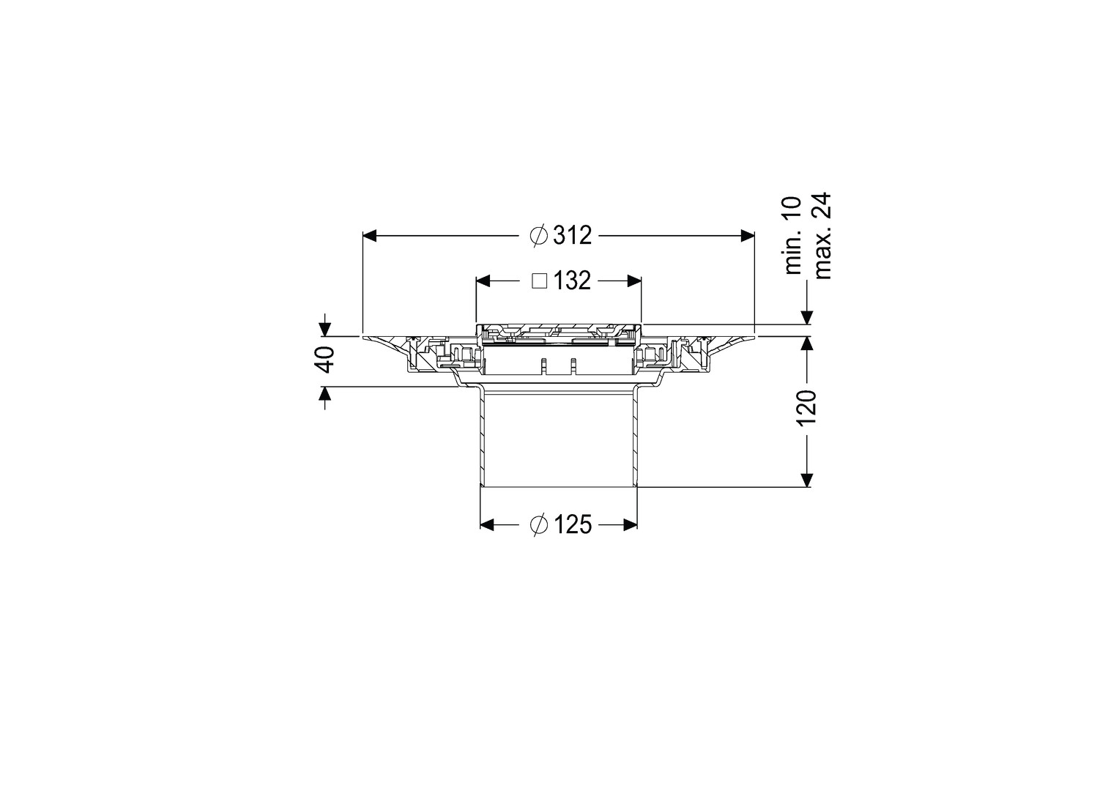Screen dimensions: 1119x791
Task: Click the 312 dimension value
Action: (x=572, y=235)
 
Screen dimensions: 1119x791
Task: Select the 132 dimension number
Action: (x=572, y=281)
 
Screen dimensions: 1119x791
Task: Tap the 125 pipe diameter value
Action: (x=572, y=524)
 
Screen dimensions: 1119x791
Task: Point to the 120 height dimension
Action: (x=808, y=407)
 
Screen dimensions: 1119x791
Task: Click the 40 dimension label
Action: (x=326, y=360)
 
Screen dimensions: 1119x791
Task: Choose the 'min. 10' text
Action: (x=793, y=236)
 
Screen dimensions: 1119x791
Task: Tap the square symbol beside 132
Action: (x=539, y=281)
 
